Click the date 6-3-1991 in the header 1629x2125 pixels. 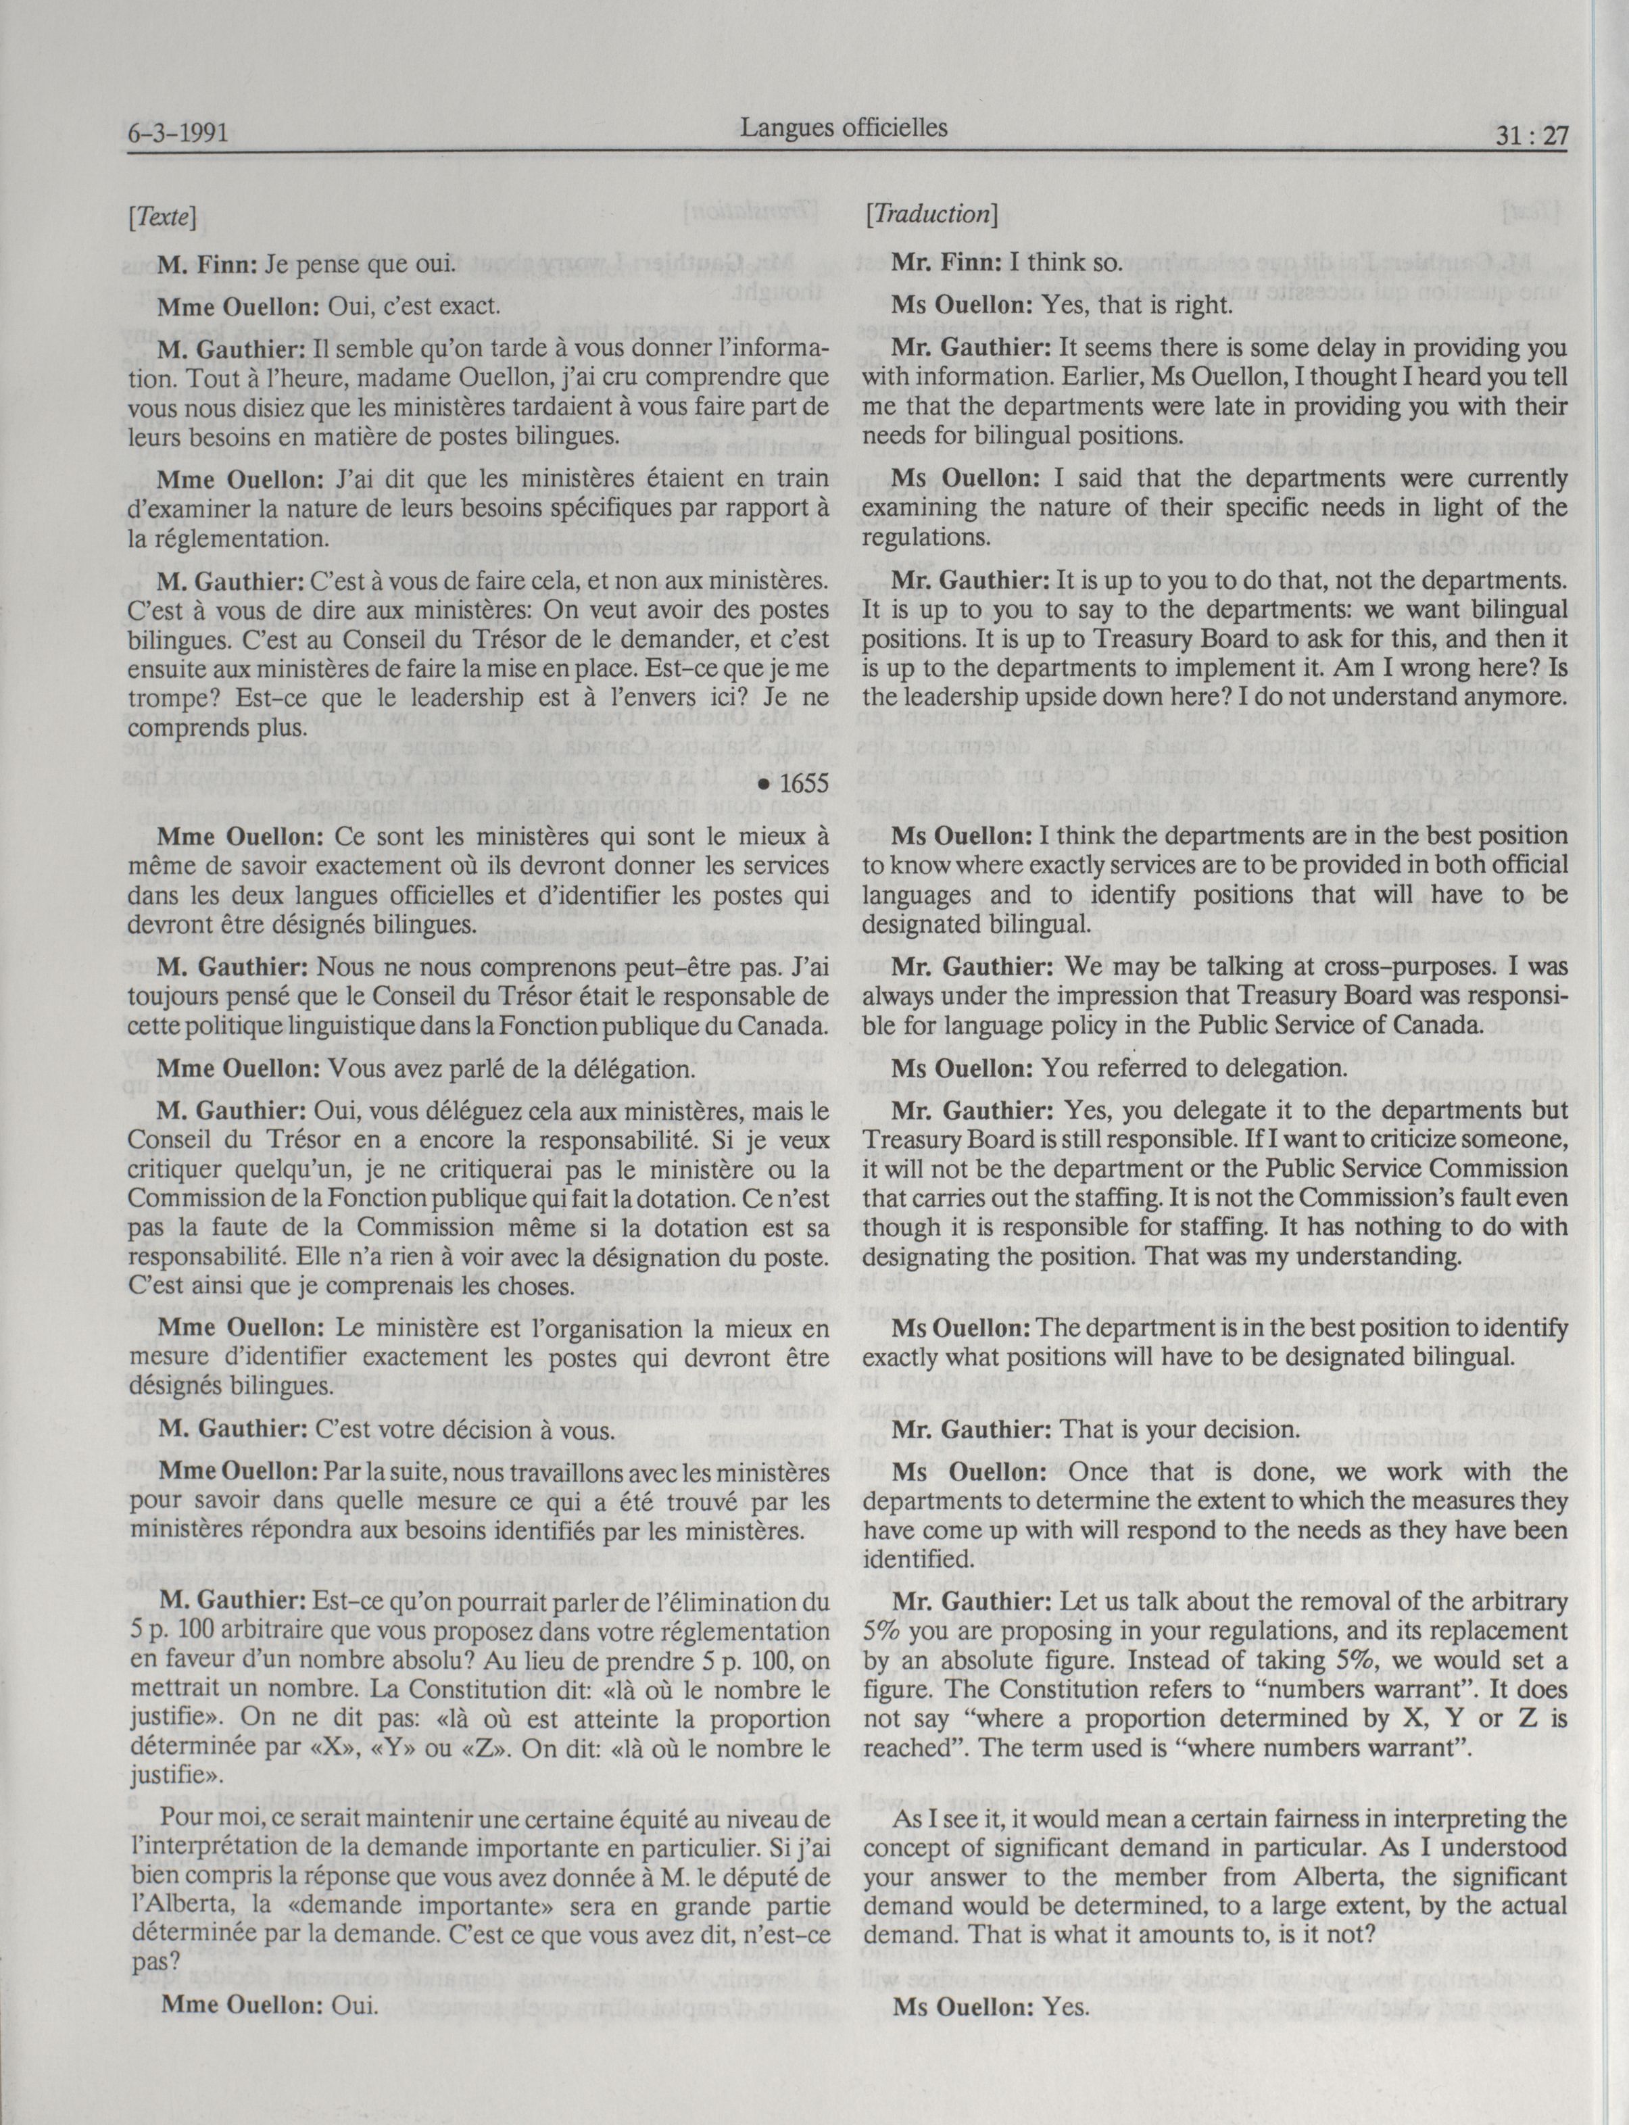(x=178, y=132)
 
